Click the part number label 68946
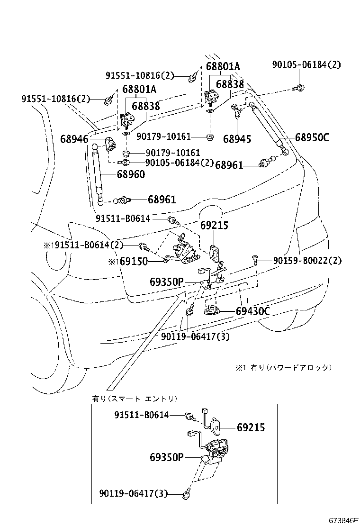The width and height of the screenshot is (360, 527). pyautogui.click(x=74, y=139)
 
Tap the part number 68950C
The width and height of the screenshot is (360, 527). pyautogui.click(x=312, y=138)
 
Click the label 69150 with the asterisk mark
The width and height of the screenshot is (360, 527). pyautogui.click(x=131, y=262)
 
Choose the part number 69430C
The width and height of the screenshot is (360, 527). pyautogui.click(x=252, y=311)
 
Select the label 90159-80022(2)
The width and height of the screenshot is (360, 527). pyautogui.click(x=307, y=261)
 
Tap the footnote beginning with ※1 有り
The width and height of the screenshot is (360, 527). pyautogui.click(x=283, y=367)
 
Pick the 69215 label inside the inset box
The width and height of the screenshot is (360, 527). pyautogui.click(x=251, y=427)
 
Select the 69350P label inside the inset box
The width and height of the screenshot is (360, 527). pyautogui.click(x=166, y=457)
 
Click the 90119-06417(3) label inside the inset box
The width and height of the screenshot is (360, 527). pyautogui.click(x=134, y=494)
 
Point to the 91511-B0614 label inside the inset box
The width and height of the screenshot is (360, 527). pyautogui.click(x=141, y=415)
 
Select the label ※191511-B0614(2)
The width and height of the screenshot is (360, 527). pyautogui.click(x=83, y=245)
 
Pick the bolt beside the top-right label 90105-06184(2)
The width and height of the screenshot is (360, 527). pyautogui.click(x=299, y=87)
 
